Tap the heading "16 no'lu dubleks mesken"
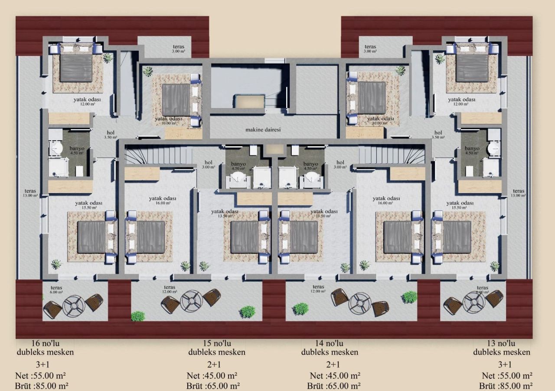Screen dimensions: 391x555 pyautogui.click(x=45, y=348)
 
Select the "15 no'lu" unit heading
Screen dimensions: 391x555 pyautogui.click(x=217, y=348)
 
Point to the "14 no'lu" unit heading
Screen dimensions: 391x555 pyautogui.click(x=330, y=348)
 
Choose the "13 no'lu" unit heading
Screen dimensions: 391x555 pyautogui.click(x=501, y=348)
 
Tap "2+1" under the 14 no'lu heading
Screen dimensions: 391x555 pyautogui.click(x=333, y=364)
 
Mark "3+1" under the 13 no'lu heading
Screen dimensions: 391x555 pyautogui.click(x=505, y=364)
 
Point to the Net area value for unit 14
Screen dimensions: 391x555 pyautogui.click(x=335, y=375)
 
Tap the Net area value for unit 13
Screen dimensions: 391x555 pyautogui.click(x=507, y=375)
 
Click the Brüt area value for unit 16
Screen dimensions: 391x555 pyautogui.click(x=42, y=386)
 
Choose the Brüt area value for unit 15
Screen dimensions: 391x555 pyautogui.click(x=213, y=386)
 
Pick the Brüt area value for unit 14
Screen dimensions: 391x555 pyautogui.click(x=334, y=386)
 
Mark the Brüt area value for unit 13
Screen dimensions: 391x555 pyautogui.click(x=506, y=386)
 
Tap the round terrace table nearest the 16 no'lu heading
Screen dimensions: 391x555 pyautogui.click(x=74, y=305)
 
